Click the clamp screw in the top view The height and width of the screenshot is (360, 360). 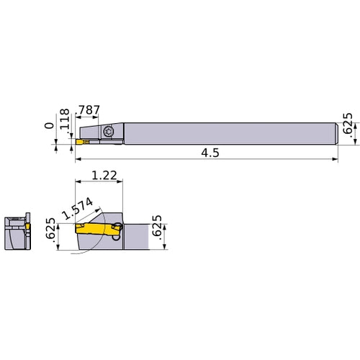tap(109, 131)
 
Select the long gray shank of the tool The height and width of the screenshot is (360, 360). tap(230, 132)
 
